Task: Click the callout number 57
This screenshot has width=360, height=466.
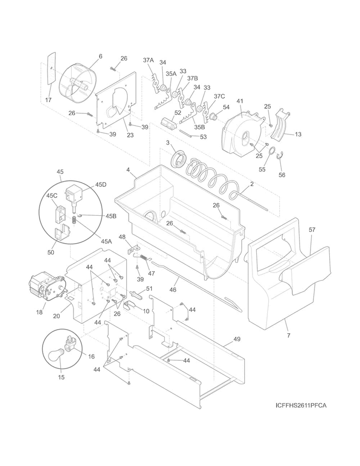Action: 312,230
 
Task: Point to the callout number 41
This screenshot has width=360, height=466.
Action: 240,101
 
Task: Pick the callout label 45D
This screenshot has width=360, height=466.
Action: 101,184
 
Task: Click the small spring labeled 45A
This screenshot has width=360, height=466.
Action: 75,221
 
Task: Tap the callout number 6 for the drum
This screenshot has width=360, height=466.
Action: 100,56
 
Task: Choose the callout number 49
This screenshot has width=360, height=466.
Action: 237,339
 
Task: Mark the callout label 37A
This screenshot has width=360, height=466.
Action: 148,61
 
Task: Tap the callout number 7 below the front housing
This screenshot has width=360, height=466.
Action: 288,335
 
